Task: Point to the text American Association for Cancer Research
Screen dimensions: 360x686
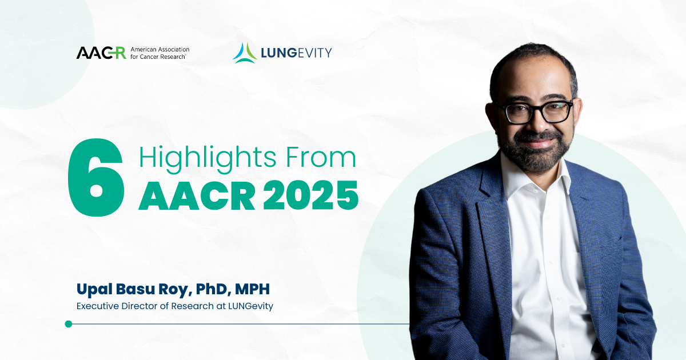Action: point(159,53)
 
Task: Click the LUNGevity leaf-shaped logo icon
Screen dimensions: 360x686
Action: point(245,53)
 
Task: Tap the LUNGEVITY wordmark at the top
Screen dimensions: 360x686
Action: point(297,53)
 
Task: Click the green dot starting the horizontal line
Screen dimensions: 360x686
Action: point(69,324)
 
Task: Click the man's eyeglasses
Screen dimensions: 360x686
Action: point(534,112)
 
